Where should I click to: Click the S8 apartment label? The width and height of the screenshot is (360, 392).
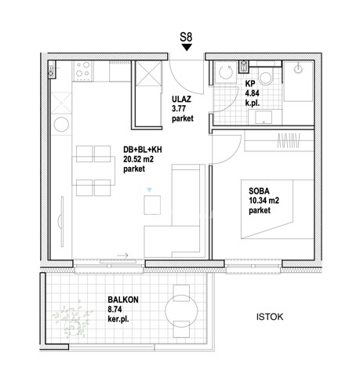point(186,37)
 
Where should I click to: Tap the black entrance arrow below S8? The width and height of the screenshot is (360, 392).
point(187,47)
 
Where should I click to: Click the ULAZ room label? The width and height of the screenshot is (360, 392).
point(181,100)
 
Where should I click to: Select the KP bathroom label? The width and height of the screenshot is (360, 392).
point(250,84)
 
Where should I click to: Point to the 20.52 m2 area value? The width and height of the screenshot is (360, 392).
point(138,159)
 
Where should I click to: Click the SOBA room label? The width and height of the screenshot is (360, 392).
point(259,191)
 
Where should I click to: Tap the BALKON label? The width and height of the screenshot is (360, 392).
point(123,299)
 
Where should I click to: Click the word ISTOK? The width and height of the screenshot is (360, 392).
point(270,317)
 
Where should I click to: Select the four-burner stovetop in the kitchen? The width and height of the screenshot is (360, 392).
point(82,71)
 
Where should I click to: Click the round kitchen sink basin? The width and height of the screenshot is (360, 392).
point(61,124)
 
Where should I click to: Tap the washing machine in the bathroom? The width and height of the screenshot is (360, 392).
point(225,72)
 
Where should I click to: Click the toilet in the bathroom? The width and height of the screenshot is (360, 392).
point(265,76)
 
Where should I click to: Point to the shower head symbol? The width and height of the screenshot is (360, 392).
point(298,69)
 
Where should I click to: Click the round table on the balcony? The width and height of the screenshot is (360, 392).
point(181,310)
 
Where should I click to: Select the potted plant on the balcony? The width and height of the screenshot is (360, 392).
point(72,320)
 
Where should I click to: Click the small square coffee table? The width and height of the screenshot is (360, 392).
point(152,205)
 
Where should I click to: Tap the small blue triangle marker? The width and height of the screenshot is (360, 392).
point(149,190)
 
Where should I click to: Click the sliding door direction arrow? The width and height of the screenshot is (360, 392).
point(122,256)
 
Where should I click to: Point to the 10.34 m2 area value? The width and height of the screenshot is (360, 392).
point(264,201)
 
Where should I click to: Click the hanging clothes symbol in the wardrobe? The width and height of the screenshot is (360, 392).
point(289,140)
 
